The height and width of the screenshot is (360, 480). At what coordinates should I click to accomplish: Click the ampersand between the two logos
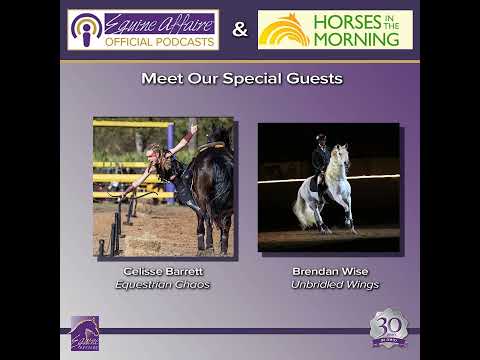240,30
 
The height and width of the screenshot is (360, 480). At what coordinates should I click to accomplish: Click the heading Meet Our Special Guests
241,78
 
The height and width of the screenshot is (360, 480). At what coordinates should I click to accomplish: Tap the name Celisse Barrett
164,271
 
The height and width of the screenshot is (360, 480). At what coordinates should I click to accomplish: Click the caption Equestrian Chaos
164,284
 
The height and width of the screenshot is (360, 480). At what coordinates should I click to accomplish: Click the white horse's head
342,155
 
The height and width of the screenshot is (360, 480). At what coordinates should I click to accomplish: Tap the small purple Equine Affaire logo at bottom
85,333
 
